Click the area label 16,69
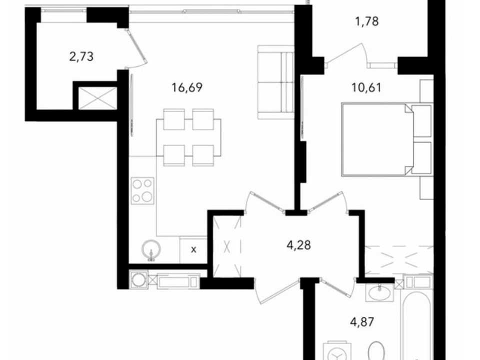(187, 88)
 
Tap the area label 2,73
(81, 56)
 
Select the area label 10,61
(366, 88)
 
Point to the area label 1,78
(366, 21)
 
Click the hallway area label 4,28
(298, 245)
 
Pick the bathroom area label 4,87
(362, 322)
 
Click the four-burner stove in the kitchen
(142, 190)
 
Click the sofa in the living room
(275, 82)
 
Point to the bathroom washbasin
(380, 292)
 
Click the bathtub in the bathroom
(416, 324)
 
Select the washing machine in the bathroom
(337, 351)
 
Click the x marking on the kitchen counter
(193, 250)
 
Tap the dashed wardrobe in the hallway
(227, 246)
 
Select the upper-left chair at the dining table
(174, 119)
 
